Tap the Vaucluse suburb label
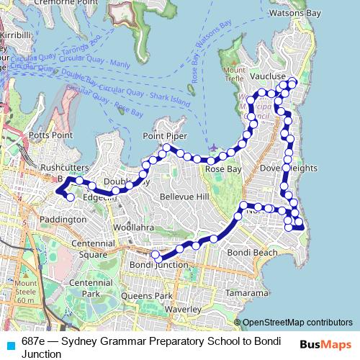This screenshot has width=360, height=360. [x=268, y=76]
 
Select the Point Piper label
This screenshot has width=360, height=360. [x=165, y=135]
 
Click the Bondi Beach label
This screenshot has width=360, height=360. [x=252, y=253]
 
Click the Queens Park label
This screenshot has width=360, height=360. [x=147, y=296]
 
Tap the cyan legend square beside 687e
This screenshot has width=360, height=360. [x=9, y=343]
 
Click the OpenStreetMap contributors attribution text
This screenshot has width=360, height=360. [x=297, y=322]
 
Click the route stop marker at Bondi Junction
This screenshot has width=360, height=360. [x=155, y=254]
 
